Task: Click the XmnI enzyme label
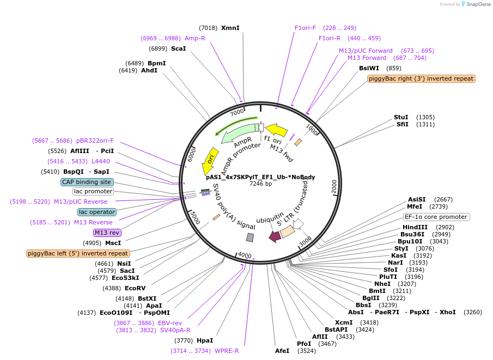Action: pyautogui.click(x=230, y=28)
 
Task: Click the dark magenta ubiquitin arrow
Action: pyautogui.click(x=275, y=236)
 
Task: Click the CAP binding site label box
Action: pyautogui.click(x=87, y=182)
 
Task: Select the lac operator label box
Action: pyautogui.click(x=96, y=212)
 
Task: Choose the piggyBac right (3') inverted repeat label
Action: pyautogui.click(x=421, y=78)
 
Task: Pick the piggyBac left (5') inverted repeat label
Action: pyautogui.click(x=78, y=253)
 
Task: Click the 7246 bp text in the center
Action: pyautogui.click(x=260, y=184)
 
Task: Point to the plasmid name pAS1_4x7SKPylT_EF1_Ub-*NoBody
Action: pyautogui.click(x=260, y=177)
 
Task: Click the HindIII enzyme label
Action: pyautogui.click(x=415, y=227)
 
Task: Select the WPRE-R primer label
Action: pyautogui.click(x=227, y=351)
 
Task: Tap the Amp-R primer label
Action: pyautogui.click(x=194, y=38)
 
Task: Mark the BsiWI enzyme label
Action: pyautogui.click(x=369, y=68)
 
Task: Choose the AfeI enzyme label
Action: pyautogui.click(x=282, y=351)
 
